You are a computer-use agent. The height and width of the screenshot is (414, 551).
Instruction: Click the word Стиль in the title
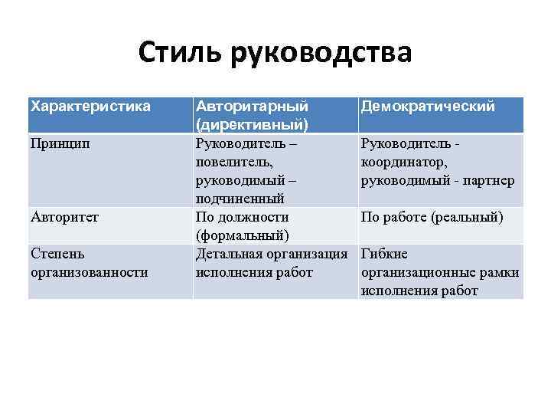click(179, 53)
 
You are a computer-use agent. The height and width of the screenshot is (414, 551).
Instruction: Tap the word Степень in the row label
click(57, 254)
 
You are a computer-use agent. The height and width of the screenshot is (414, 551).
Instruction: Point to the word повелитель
click(234, 162)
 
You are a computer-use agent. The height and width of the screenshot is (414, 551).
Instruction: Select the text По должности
click(243, 217)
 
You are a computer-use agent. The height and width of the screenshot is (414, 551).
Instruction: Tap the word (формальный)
click(241, 235)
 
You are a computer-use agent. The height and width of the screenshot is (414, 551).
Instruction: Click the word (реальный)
click(468, 217)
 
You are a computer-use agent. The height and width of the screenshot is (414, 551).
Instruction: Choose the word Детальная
click(227, 254)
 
